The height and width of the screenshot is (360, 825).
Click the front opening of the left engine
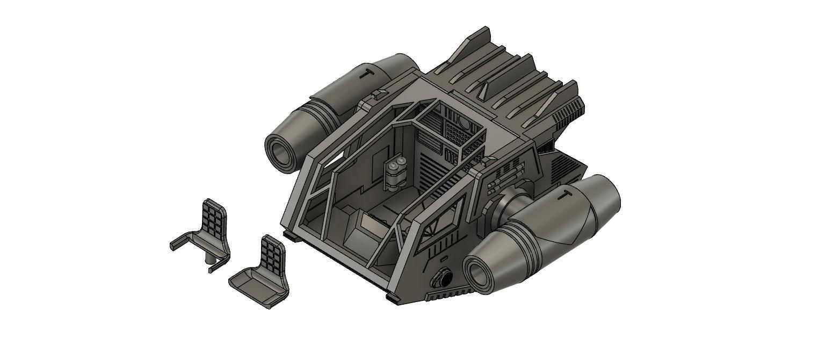281,152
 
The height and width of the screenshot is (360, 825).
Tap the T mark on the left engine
366,73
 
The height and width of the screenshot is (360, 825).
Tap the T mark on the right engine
565,195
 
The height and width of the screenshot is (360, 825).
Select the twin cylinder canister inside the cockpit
396,173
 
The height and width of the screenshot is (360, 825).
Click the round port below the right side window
442,278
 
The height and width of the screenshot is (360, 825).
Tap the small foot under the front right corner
392,297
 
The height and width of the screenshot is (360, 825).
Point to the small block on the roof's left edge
379,95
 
